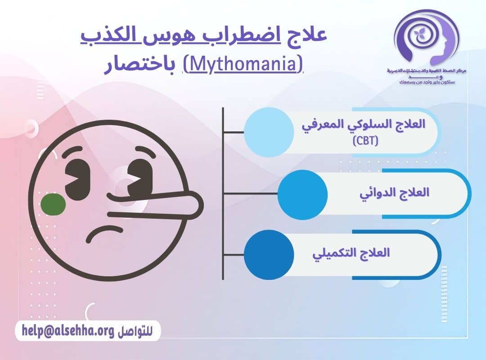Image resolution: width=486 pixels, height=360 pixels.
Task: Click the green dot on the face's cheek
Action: point(53,205)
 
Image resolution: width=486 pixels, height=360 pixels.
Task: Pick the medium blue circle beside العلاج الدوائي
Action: point(302,194)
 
